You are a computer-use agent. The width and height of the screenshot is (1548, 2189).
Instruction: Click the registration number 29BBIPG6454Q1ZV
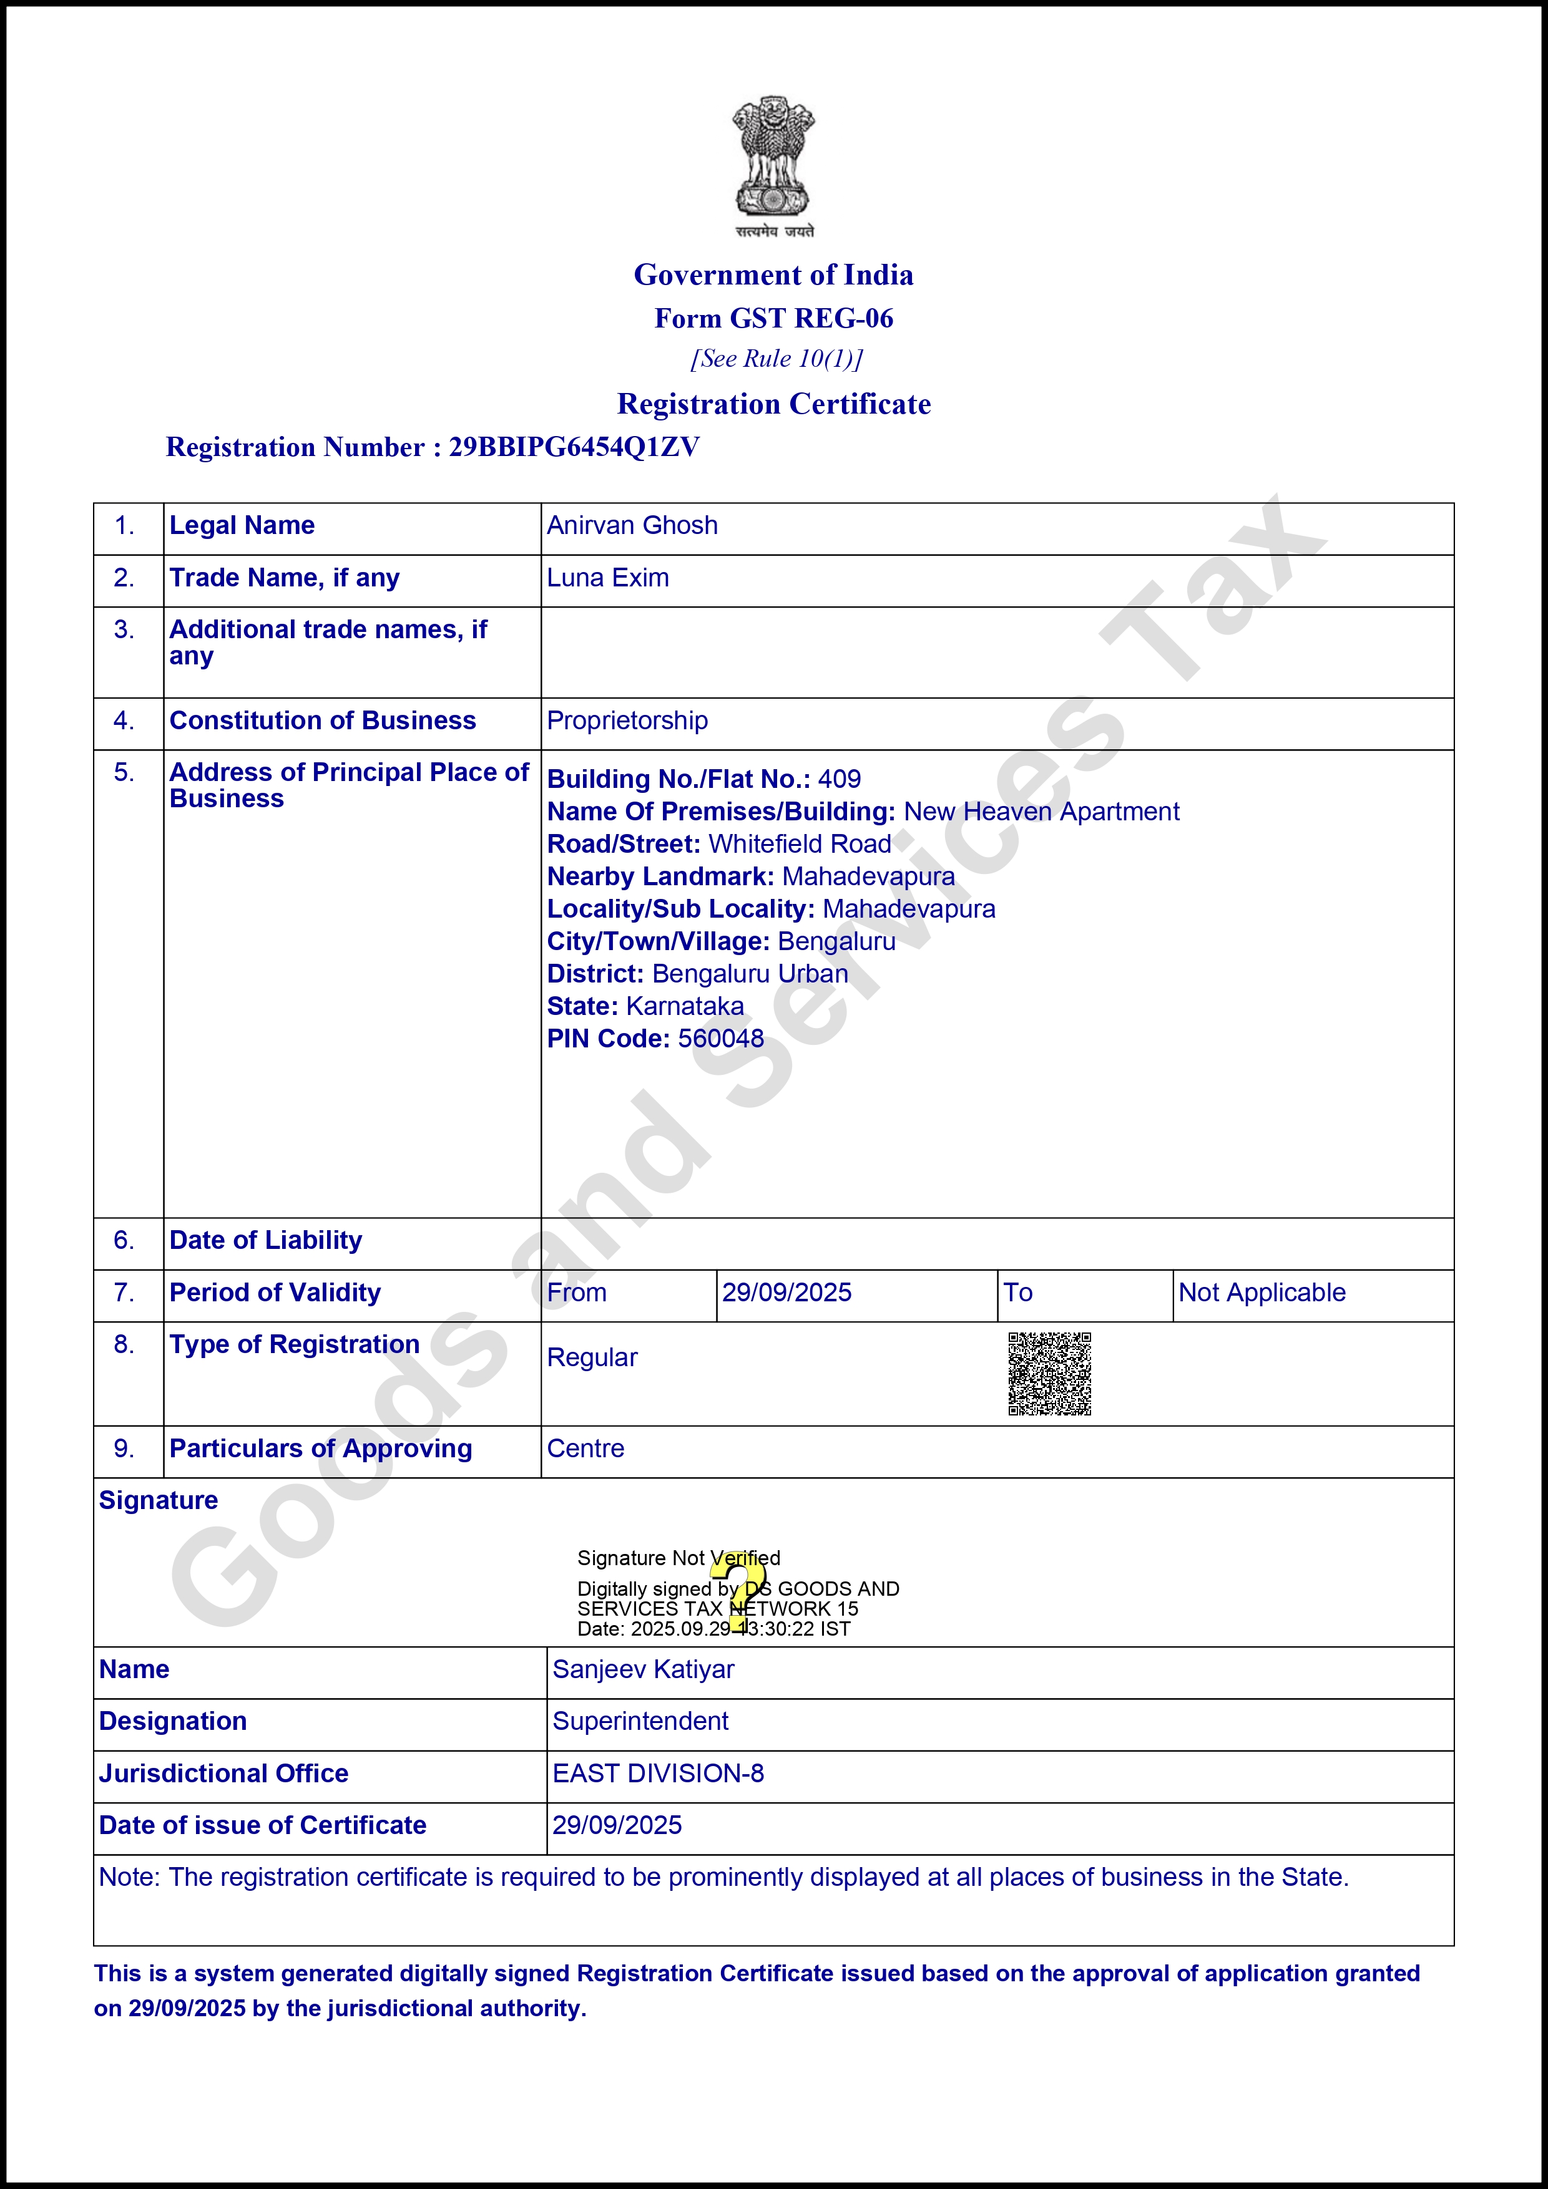click(x=574, y=447)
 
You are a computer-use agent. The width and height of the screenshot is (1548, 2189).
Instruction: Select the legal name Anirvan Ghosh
click(x=632, y=525)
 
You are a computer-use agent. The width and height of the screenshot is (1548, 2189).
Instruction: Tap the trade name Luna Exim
click(x=607, y=578)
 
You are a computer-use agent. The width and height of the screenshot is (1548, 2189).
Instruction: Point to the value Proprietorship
click(x=627, y=721)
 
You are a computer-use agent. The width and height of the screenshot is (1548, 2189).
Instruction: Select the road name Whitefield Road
click(x=799, y=844)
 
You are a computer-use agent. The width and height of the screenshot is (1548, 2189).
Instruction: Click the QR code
click(x=1049, y=1374)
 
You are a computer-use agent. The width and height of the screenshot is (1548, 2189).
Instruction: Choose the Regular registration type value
click(x=591, y=1357)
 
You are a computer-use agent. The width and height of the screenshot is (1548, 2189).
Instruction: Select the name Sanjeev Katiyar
click(x=643, y=1669)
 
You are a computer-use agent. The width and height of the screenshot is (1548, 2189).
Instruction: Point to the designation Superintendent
click(x=640, y=1721)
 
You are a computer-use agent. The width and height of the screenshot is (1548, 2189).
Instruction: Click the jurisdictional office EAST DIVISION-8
click(x=658, y=1774)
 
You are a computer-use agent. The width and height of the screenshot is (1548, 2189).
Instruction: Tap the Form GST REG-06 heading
click(x=773, y=318)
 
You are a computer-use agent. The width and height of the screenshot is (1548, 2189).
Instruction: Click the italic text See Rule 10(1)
click(x=776, y=359)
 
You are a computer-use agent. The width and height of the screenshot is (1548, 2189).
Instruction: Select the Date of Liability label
click(x=265, y=1240)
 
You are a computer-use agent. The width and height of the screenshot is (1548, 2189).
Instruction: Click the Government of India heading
click(x=773, y=274)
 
